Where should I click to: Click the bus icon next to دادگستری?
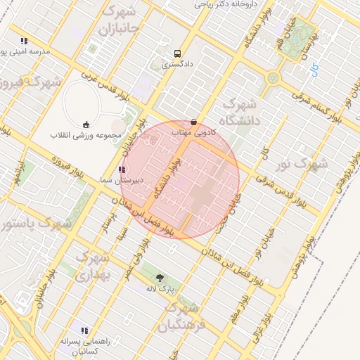point(176,53)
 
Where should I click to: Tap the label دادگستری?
point(176,64)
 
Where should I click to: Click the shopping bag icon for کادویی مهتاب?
point(193,122)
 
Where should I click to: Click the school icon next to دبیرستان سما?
point(122,169)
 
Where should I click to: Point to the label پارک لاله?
point(160,289)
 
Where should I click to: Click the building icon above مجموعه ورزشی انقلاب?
point(87,124)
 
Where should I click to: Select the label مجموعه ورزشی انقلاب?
point(87,135)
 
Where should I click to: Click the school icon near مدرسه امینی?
point(25,41)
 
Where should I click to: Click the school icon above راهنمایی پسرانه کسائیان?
point(84,330)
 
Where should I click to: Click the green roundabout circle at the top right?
point(272,77)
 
